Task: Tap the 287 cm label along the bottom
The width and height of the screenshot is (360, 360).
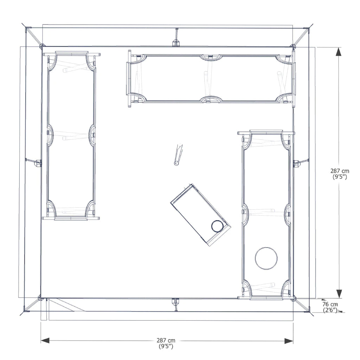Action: (166, 340)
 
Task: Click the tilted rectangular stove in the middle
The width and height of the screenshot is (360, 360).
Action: (200, 214)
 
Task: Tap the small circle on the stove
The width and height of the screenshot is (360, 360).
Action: (217, 226)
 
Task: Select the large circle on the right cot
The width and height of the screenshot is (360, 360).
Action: (266, 258)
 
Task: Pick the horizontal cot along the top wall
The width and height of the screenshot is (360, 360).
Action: (211, 78)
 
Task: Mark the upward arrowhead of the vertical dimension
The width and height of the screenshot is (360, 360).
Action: (339, 52)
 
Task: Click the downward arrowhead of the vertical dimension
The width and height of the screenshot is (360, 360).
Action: (339, 294)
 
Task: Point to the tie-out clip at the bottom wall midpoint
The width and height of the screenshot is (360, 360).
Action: (176, 302)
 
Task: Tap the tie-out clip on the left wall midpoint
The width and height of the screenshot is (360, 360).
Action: (37, 163)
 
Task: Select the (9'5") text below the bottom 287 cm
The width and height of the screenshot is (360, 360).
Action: (166, 346)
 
